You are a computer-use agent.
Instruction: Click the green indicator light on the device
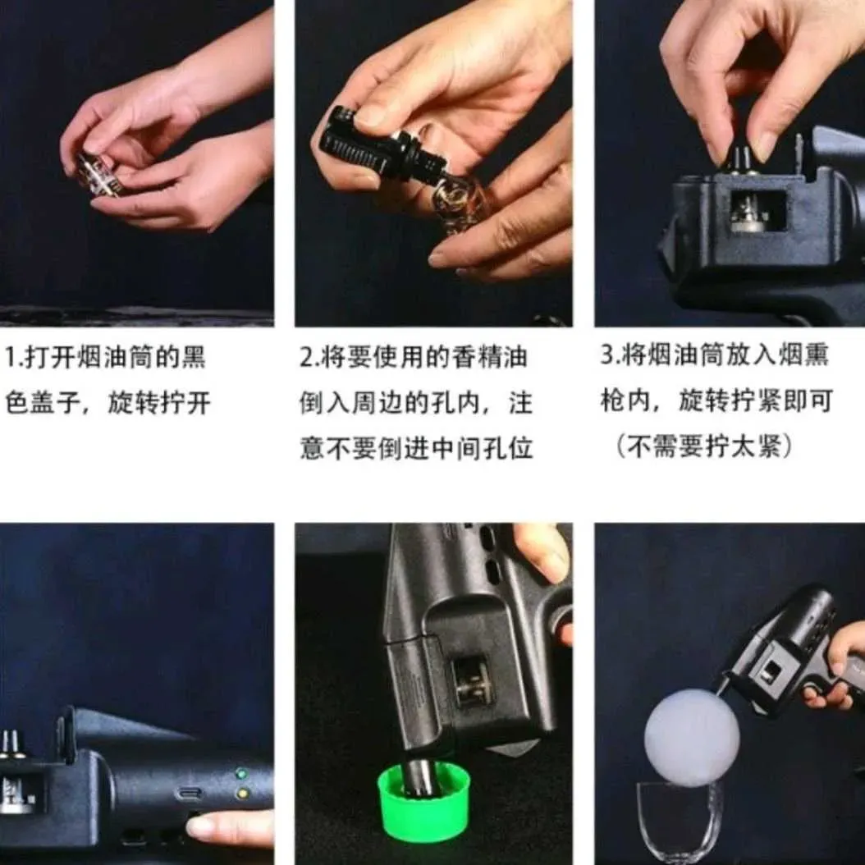coord(240,773)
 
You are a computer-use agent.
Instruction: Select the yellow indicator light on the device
coord(241,794)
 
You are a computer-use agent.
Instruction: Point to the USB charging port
coord(190,794)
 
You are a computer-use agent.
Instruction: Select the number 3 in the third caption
coord(607,355)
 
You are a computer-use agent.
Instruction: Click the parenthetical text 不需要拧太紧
coord(703,446)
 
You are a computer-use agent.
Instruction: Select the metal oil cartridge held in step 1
coord(99,176)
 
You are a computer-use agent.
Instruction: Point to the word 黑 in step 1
coord(193,357)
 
